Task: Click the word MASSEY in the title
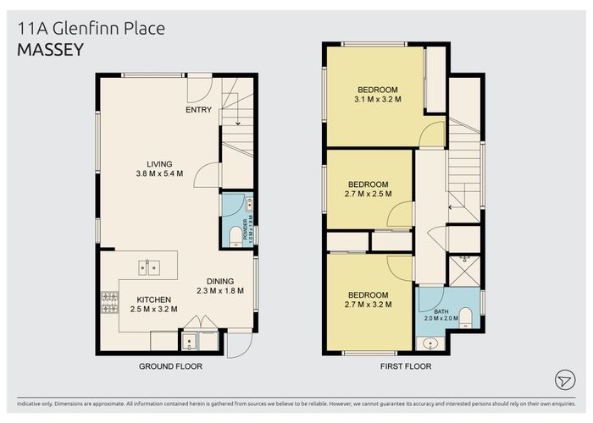pyautogui.click(x=51, y=50)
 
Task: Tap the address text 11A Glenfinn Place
pyautogui.click(x=91, y=29)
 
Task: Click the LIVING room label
pyautogui.click(x=158, y=164)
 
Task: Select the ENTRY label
pyautogui.click(x=198, y=110)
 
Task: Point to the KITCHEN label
pyautogui.click(x=153, y=299)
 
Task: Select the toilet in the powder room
pyautogui.click(x=235, y=234)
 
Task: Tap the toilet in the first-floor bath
pyautogui.click(x=465, y=318)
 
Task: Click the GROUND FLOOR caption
pyautogui.click(x=170, y=366)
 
